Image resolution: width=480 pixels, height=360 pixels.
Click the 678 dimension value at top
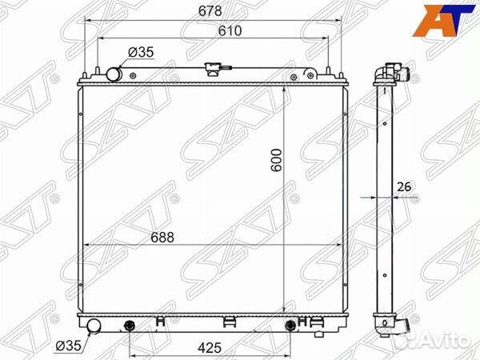tap(212, 10)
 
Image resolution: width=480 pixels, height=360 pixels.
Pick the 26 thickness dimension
tap(404, 188)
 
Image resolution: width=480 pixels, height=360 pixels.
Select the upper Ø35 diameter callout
tap(142, 54)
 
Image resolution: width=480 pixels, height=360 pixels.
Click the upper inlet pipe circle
tap(114, 74)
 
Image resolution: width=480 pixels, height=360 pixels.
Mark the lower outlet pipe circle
tap(94, 326)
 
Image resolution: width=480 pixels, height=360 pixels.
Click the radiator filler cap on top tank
tap(212, 70)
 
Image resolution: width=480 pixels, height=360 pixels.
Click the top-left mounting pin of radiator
tap(84, 74)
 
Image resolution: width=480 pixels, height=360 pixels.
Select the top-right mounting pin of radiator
tap(342, 74)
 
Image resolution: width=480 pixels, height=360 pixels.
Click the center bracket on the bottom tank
tap(228, 322)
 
